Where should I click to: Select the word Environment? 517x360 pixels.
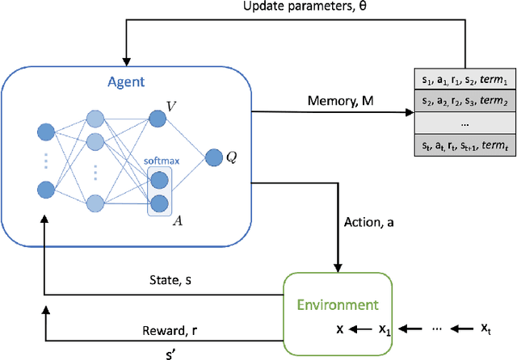click(x=337, y=305)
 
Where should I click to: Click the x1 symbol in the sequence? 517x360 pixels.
click(x=385, y=329)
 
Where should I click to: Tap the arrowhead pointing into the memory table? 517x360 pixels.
click(x=406, y=114)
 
